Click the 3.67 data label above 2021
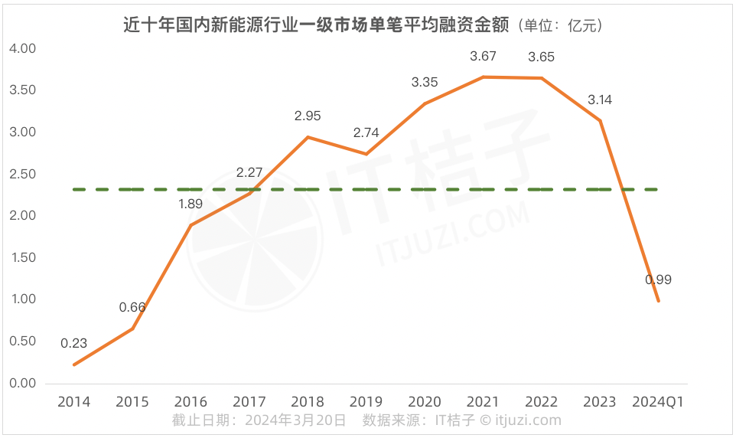pos(484,56)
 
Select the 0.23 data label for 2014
pos(73,344)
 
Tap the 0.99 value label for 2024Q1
pos(658,280)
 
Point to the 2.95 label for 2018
pos(308,116)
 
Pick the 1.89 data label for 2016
pos(191,204)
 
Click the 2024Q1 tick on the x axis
pos(659,402)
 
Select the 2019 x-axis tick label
pos(366,402)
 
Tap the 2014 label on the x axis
pos(73,402)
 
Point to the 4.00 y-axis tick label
pos(22,48)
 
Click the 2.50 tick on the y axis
pos(22,174)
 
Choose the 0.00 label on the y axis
pos(22,383)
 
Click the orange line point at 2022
pos(542,78)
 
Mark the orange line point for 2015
pos(132,328)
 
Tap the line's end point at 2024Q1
pos(659,301)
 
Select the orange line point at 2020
pos(425,103)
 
